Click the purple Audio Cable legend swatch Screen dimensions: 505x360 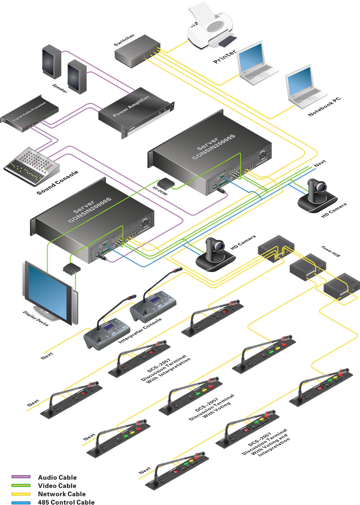point(21,477)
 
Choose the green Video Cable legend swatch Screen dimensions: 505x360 point(21,486)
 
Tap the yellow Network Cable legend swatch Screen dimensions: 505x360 point(21,494)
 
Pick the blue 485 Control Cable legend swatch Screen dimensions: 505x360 point(21,502)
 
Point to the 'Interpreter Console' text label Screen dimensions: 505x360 point(139,331)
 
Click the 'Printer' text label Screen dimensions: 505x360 point(225,57)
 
